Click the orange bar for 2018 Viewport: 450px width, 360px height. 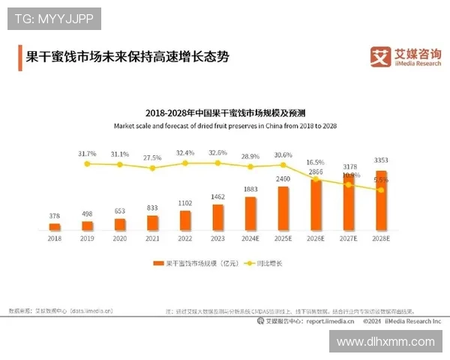pyautogui.click(x=55, y=226)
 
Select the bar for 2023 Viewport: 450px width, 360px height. pyautogui.click(x=218, y=216)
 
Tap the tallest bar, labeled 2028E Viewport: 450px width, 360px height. pyautogui.click(x=381, y=200)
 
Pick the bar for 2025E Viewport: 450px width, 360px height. pyautogui.click(x=283, y=208)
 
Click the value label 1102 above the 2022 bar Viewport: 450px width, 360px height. pyautogui.click(x=185, y=202)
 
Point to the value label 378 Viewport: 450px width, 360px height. pyautogui.click(x=55, y=216)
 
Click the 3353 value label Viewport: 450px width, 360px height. pyautogui.click(x=381, y=160)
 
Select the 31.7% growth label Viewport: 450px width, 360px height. pyautogui.click(x=87, y=154)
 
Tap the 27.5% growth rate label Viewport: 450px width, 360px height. pyautogui.click(x=152, y=158)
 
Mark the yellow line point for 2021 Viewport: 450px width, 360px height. pyautogui.click(x=153, y=168)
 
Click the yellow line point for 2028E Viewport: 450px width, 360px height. pyautogui.click(x=381, y=190)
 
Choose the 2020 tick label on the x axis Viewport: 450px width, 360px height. pyautogui.click(x=120, y=238)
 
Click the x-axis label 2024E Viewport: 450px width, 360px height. pyautogui.click(x=250, y=238)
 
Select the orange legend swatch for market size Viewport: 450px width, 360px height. pyautogui.click(x=158, y=263)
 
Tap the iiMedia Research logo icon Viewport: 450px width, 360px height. pyautogui.click(x=382, y=56)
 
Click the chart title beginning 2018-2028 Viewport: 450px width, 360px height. pyautogui.click(x=224, y=112)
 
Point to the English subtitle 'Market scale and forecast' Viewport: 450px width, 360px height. pyautogui.click(x=225, y=126)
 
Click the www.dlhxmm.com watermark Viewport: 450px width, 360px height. pyautogui.click(x=385, y=341)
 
